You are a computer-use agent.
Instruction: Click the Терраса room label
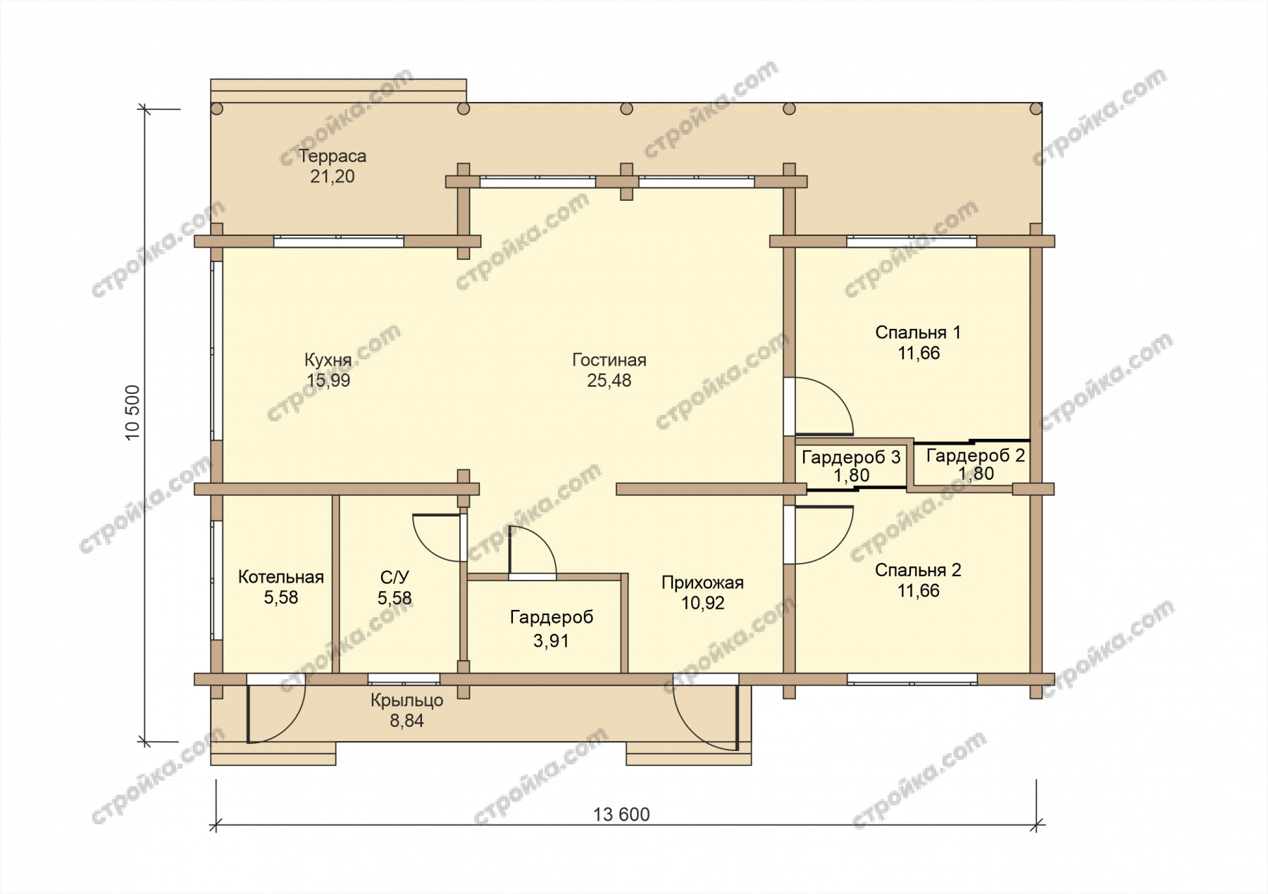click(332, 156)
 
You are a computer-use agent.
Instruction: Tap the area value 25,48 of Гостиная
click(609, 380)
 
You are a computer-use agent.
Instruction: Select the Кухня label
click(328, 360)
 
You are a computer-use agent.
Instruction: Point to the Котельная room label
click(281, 577)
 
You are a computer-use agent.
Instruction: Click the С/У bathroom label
click(394, 578)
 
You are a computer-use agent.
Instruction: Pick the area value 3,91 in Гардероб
click(551, 640)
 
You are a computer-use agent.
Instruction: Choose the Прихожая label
click(702, 583)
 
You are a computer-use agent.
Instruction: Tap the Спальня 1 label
click(918, 332)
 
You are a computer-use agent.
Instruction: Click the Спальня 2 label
click(918, 570)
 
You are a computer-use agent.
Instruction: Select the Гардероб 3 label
click(851, 457)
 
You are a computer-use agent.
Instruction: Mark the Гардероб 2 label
click(976, 455)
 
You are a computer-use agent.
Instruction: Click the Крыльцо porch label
click(407, 700)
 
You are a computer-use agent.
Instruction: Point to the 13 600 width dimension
click(621, 814)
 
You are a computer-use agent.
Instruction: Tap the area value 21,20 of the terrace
click(332, 176)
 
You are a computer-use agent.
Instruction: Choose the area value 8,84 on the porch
click(407, 720)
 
